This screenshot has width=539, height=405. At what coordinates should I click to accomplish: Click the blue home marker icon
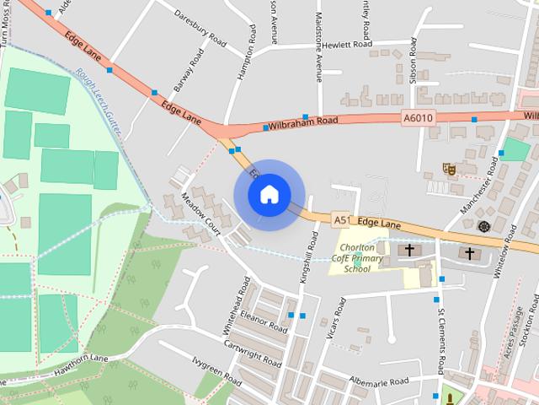(269, 194)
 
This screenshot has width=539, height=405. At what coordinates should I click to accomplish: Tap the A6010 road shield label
(418, 119)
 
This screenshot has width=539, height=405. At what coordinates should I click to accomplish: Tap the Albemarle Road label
(380, 382)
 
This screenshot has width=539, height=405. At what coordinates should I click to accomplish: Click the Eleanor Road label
(264, 320)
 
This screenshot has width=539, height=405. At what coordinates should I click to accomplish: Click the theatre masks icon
(450, 169)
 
